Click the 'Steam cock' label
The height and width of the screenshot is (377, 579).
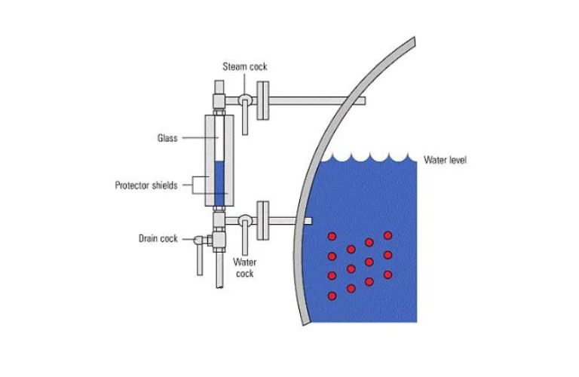[x=244, y=67]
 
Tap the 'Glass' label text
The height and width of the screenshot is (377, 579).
[x=167, y=138]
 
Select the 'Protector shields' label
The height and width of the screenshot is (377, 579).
[x=146, y=185]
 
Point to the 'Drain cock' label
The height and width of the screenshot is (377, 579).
[x=158, y=238]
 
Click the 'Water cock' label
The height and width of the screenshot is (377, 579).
[x=244, y=268]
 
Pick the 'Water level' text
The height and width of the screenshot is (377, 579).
[x=445, y=160]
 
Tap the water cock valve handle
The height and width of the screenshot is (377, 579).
[x=245, y=238]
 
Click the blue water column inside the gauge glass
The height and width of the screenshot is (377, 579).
[x=219, y=183]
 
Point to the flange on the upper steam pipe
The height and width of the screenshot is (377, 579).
[x=263, y=100]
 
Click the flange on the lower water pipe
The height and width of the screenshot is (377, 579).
[x=263, y=220]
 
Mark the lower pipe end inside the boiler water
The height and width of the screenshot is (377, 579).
[x=308, y=221]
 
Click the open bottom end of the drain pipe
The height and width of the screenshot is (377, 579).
[x=219, y=287]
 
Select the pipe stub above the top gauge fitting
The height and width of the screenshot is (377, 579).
[x=219, y=87]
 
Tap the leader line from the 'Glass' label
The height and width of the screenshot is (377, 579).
[x=200, y=138]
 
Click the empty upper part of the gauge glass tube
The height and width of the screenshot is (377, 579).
[x=219, y=139]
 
